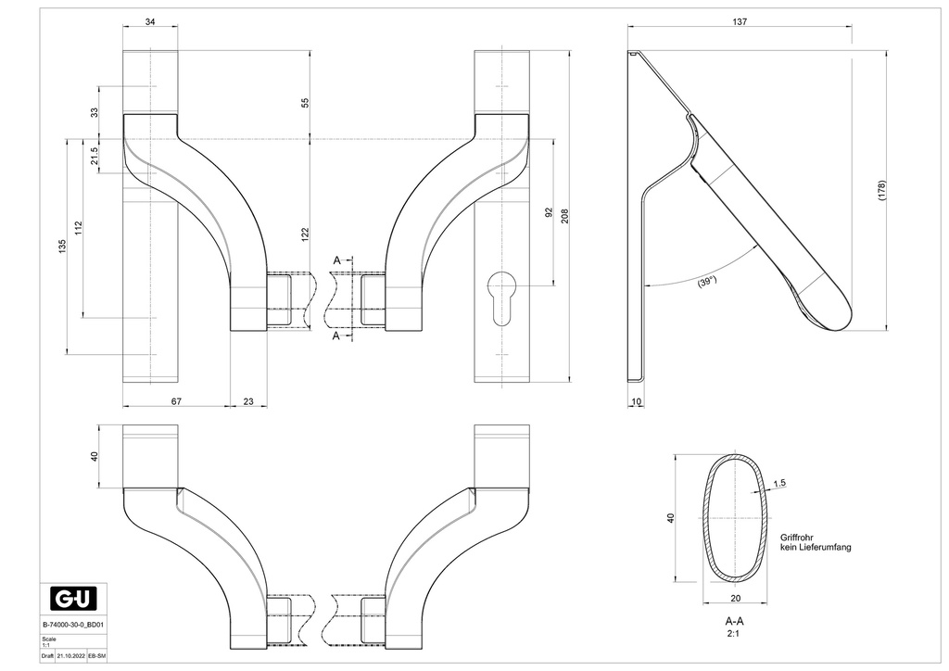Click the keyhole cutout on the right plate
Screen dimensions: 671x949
coord(501,294)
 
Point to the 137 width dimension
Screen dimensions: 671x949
coord(739,21)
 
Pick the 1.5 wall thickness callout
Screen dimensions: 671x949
coord(778,483)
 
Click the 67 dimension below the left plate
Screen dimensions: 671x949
coord(176,400)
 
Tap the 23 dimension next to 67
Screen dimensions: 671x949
coord(248,400)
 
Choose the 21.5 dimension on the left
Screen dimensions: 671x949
coord(94,156)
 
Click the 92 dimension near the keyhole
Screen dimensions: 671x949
coord(549,212)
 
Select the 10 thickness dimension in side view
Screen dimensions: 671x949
coord(635,400)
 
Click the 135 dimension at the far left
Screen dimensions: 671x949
coord(62,246)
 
